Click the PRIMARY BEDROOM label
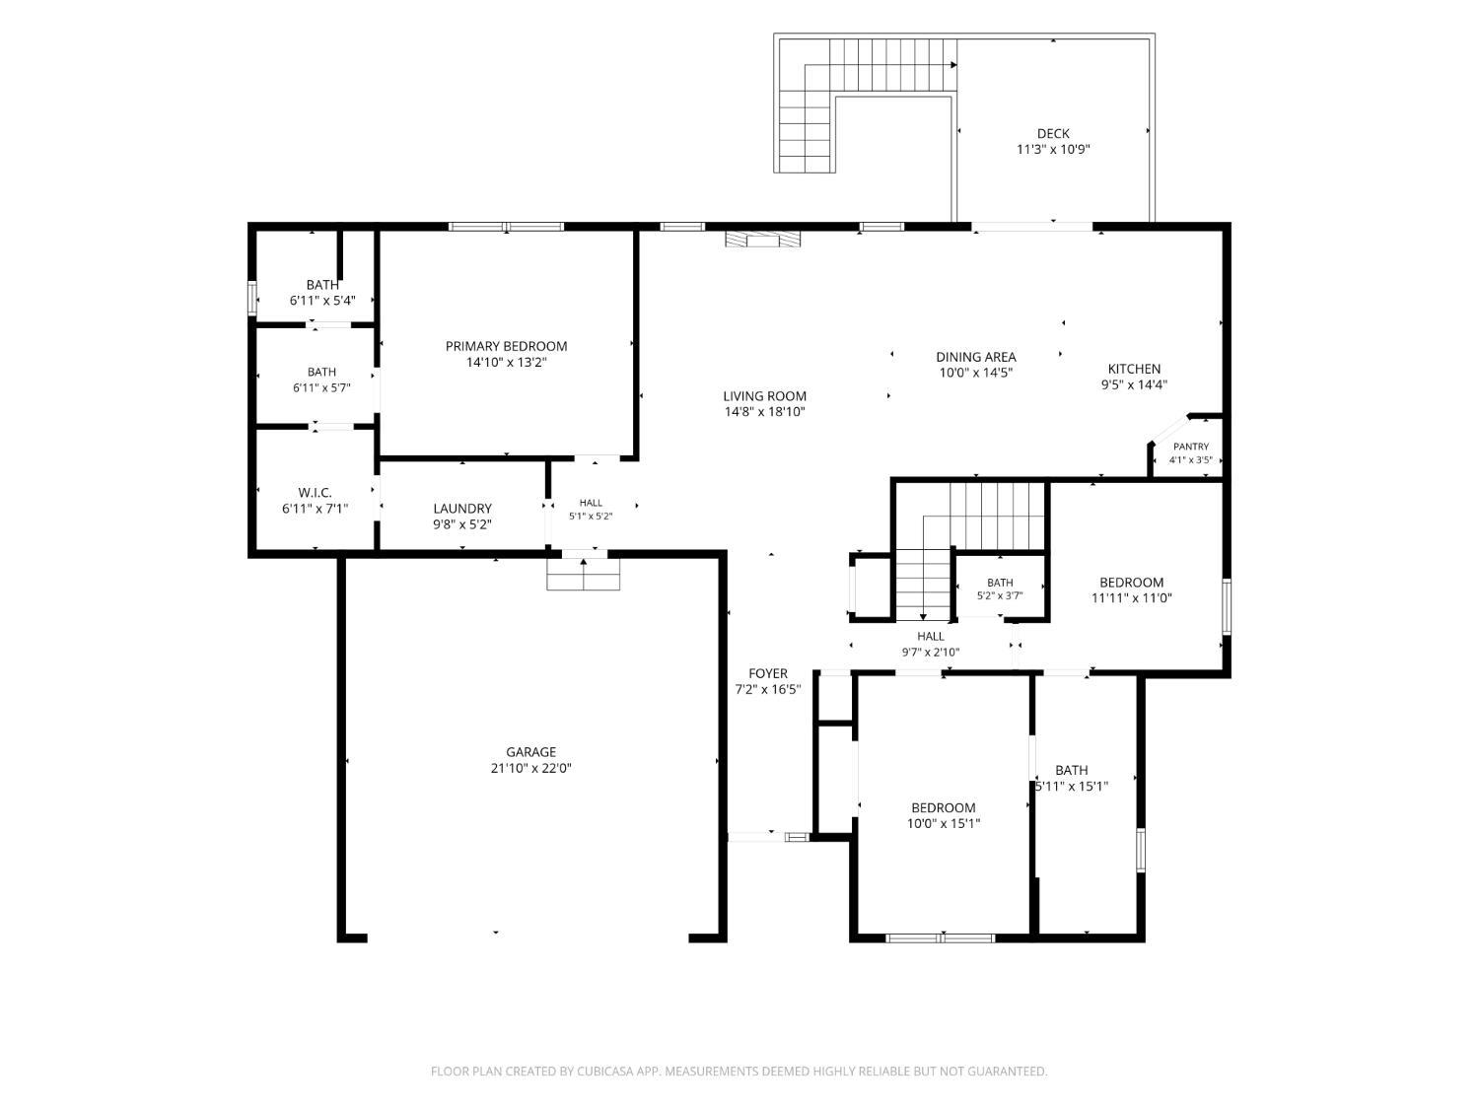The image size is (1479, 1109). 506,346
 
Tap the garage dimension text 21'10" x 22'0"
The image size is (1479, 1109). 530,768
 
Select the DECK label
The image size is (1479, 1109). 1053,134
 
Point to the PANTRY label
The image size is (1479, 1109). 1191,447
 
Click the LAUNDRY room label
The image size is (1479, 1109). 462,509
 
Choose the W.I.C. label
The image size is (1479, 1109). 315,492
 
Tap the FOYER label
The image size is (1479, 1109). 768,673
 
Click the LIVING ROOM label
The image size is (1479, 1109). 765,396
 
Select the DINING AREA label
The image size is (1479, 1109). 976,357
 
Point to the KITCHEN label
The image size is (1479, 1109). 1134,369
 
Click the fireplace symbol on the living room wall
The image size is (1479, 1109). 762,240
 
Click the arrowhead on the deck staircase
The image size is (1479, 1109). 953,65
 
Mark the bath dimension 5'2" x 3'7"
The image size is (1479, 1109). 1000,595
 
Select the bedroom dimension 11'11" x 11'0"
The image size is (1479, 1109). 1131,597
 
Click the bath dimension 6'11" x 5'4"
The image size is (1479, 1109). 322,301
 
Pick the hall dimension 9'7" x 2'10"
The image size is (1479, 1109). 931,652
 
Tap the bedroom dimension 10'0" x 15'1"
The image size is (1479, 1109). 944,823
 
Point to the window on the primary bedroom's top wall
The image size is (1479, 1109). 506,227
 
